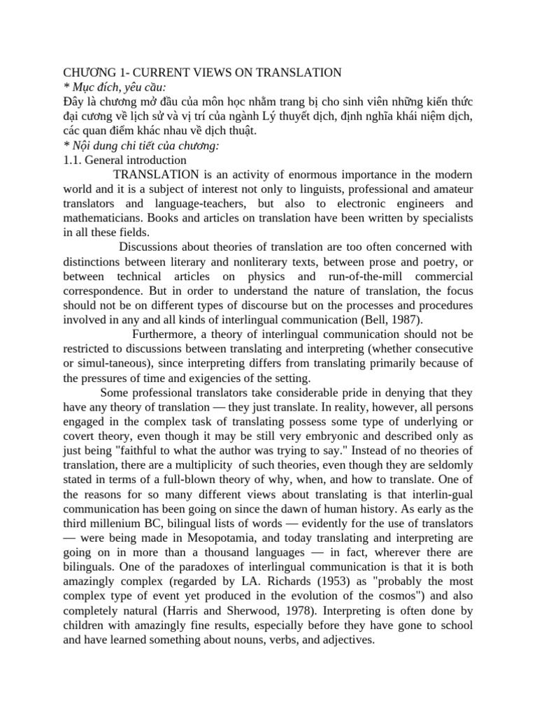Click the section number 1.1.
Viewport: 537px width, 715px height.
coord(73,159)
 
